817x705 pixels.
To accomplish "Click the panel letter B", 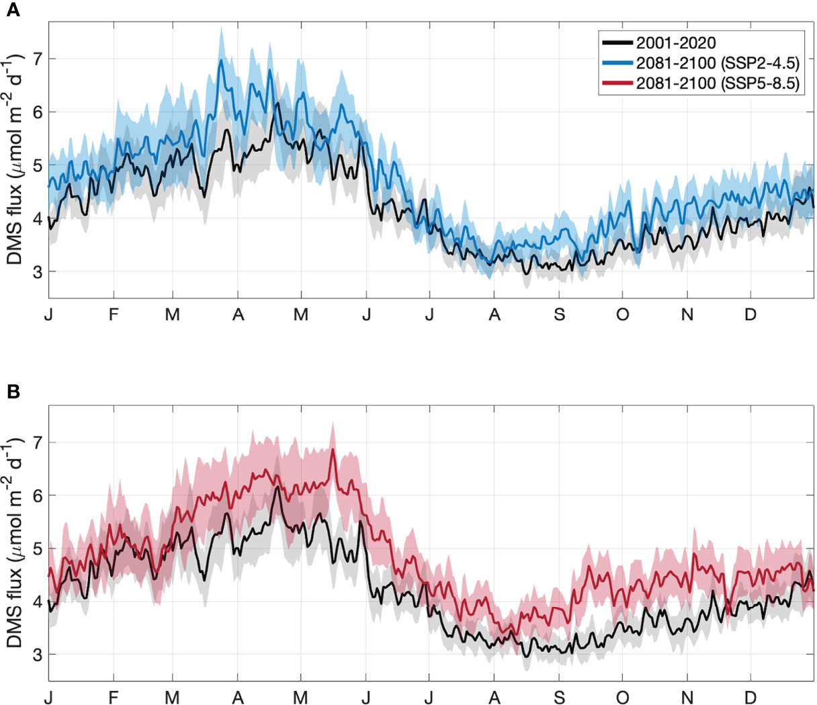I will (13, 392).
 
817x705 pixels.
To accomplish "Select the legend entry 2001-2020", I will (675, 42).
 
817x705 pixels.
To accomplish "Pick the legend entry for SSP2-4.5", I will (718, 63).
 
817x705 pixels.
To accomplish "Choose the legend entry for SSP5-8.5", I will (718, 84).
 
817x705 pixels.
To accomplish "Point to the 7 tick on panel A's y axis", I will (37, 58).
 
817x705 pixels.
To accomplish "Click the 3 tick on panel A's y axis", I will (37, 272).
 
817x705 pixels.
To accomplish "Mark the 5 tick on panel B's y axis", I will (37, 548).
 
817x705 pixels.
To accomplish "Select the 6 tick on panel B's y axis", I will (37, 495).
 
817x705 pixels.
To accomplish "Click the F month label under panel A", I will (114, 315).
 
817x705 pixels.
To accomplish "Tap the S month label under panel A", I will (559, 315).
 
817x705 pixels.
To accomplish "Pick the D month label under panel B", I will (750, 698).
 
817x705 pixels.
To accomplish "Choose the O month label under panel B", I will (623, 698).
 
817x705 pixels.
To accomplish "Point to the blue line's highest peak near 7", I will (221, 60).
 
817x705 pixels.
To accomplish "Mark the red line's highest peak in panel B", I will (333, 450).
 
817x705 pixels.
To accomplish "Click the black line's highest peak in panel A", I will (277, 103).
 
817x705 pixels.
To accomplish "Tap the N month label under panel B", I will (687, 698).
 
